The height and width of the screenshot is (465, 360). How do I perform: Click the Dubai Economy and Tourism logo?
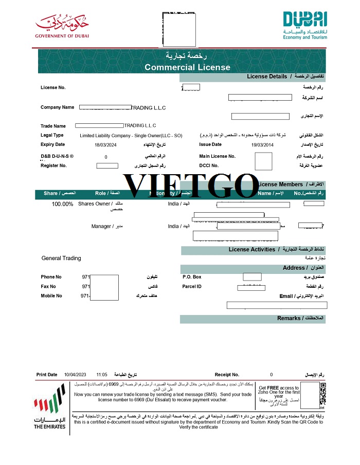[x=305, y=25]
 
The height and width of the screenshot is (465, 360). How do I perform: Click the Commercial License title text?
[x=187, y=67]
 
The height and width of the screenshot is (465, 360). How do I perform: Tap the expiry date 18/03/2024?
[x=105, y=145]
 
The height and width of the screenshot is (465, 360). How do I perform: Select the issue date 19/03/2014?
[x=262, y=145]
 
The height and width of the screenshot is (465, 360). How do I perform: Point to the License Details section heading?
[x=267, y=77]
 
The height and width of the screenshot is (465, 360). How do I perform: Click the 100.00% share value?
[x=62, y=204]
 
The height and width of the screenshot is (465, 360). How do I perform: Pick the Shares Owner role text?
[x=94, y=204]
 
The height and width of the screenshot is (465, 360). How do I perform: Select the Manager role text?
[x=101, y=226]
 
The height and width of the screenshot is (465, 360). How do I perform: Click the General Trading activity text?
[x=61, y=258]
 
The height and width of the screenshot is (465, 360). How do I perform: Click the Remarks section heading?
[x=289, y=319]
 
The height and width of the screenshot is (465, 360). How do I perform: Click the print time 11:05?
[x=101, y=375]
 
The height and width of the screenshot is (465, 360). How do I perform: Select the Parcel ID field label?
[x=192, y=287]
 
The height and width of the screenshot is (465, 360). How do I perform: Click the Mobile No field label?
[x=51, y=296]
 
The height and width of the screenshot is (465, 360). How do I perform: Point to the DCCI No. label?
[x=209, y=165]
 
